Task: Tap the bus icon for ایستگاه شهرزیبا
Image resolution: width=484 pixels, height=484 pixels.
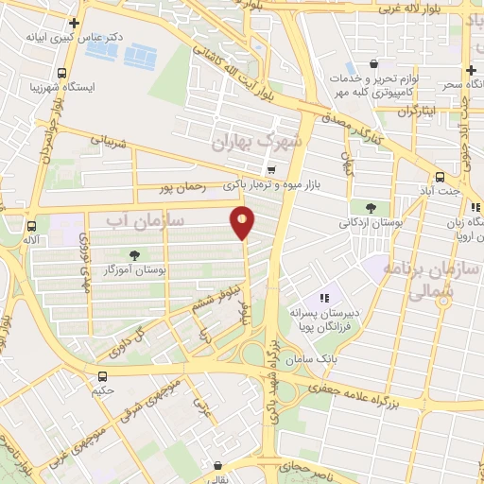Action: coord(61,73)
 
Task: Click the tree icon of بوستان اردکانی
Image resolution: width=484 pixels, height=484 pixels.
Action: coord(369,207)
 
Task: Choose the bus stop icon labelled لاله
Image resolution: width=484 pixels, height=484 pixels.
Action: coord(32,226)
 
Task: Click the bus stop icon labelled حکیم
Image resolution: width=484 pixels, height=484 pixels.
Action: coord(100,373)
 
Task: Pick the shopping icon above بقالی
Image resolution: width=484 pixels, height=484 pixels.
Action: coord(219,465)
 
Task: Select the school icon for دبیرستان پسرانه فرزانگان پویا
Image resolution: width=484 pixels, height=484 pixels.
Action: coord(323,298)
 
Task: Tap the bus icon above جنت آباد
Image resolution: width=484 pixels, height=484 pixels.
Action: coord(441,177)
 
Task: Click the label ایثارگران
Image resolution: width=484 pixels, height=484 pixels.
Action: coord(394,111)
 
